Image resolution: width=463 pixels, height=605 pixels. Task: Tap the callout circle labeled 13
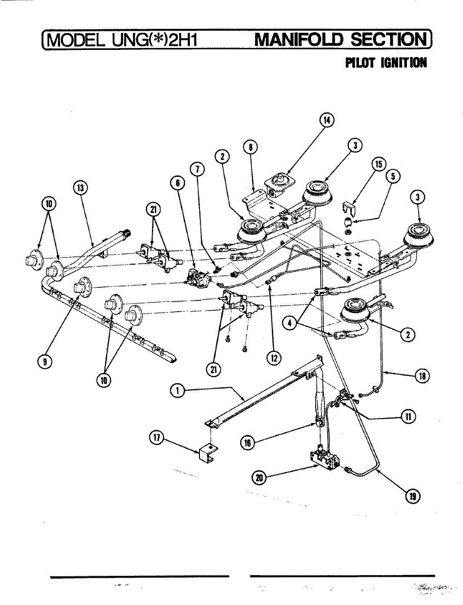[x=79, y=188]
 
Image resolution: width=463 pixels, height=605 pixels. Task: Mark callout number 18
[x=422, y=375]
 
